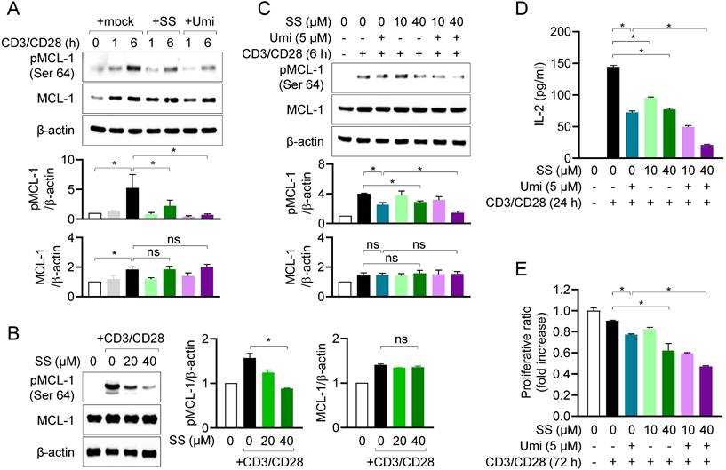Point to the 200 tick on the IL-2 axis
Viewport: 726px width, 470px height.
[x=573, y=31]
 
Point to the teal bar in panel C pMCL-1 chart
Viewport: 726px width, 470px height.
[x=381, y=219]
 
